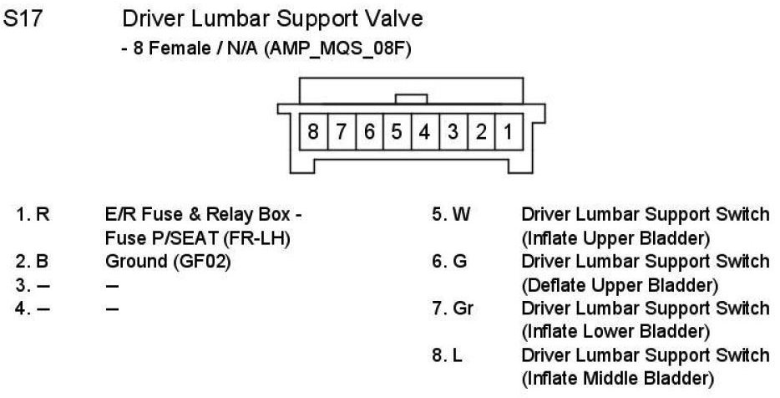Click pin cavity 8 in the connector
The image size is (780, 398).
point(313,132)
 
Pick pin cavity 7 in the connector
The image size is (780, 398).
point(342,132)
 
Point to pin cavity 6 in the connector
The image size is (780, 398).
point(369,132)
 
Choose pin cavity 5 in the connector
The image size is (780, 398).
point(397,132)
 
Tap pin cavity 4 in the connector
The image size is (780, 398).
point(424,132)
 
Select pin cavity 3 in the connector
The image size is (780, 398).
point(453,132)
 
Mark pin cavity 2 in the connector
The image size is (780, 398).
point(480,132)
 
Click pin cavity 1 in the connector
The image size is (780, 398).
point(507,132)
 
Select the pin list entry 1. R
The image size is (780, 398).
point(33,215)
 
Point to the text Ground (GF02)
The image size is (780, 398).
point(168,262)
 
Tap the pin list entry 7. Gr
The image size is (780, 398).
point(452,309)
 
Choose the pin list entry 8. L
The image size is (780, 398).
point(447,355)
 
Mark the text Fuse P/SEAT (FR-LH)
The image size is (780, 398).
point(191,238)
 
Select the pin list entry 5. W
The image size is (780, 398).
point(450,215)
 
